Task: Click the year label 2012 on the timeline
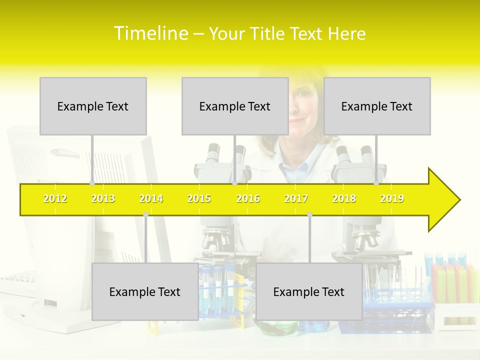tap(55, 198)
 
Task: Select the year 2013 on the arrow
tap(103, 198)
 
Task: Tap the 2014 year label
tap(151, 198)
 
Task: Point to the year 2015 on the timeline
tap(199, 198)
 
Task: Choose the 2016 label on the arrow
tap(248, 198)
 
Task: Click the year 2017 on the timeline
tap(296, 198)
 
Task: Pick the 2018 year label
tap(344, 198)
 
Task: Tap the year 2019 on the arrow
tap(392, 198)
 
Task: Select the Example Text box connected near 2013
tap(93, 106)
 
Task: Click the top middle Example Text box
tap(235, 106)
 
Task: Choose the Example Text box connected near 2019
tap(377, 106)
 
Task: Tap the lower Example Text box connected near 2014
tap(145, 291)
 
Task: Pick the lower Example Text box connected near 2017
tap(309, 291)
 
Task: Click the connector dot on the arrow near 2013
tap(92, 183)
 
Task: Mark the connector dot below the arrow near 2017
tap(309, 215)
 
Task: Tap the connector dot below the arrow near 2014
tap(145, 215)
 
